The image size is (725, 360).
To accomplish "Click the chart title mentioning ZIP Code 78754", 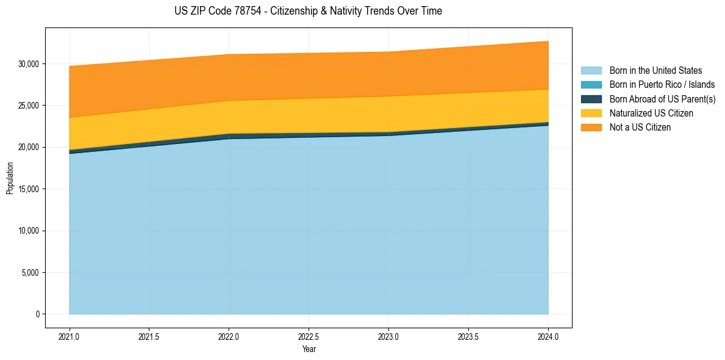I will tap(308, 11).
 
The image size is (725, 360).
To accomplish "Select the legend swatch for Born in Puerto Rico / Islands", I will tap(591, 85).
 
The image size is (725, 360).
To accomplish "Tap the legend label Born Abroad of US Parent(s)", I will tap(662, 99).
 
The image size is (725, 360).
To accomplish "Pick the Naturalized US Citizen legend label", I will tap(651, 113).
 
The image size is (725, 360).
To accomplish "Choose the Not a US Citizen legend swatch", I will tap(591, 128).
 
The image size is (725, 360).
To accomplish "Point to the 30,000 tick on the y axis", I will tap(29, 63).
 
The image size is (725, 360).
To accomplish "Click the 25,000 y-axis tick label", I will tap(29, 106).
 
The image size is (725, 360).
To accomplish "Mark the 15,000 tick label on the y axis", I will tap(29, 189).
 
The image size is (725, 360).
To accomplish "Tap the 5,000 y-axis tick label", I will tap(31, 273).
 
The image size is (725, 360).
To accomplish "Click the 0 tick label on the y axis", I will tap(37, 314).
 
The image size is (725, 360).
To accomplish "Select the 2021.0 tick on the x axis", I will tap(70, 336).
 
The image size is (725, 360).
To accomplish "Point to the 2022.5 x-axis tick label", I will tap(309, 336).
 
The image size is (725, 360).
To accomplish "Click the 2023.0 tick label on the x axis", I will tap(388, 336).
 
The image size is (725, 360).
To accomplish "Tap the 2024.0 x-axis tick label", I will tap(548, 336).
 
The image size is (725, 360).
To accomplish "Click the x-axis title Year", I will tap(309, 350).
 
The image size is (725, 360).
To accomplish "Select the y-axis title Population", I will tap(10, 178).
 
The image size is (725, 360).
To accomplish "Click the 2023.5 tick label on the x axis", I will tap(468, 336).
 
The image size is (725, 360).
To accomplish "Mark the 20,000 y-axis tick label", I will tap(29, 147).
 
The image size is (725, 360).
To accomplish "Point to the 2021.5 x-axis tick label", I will tap(149, 336).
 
